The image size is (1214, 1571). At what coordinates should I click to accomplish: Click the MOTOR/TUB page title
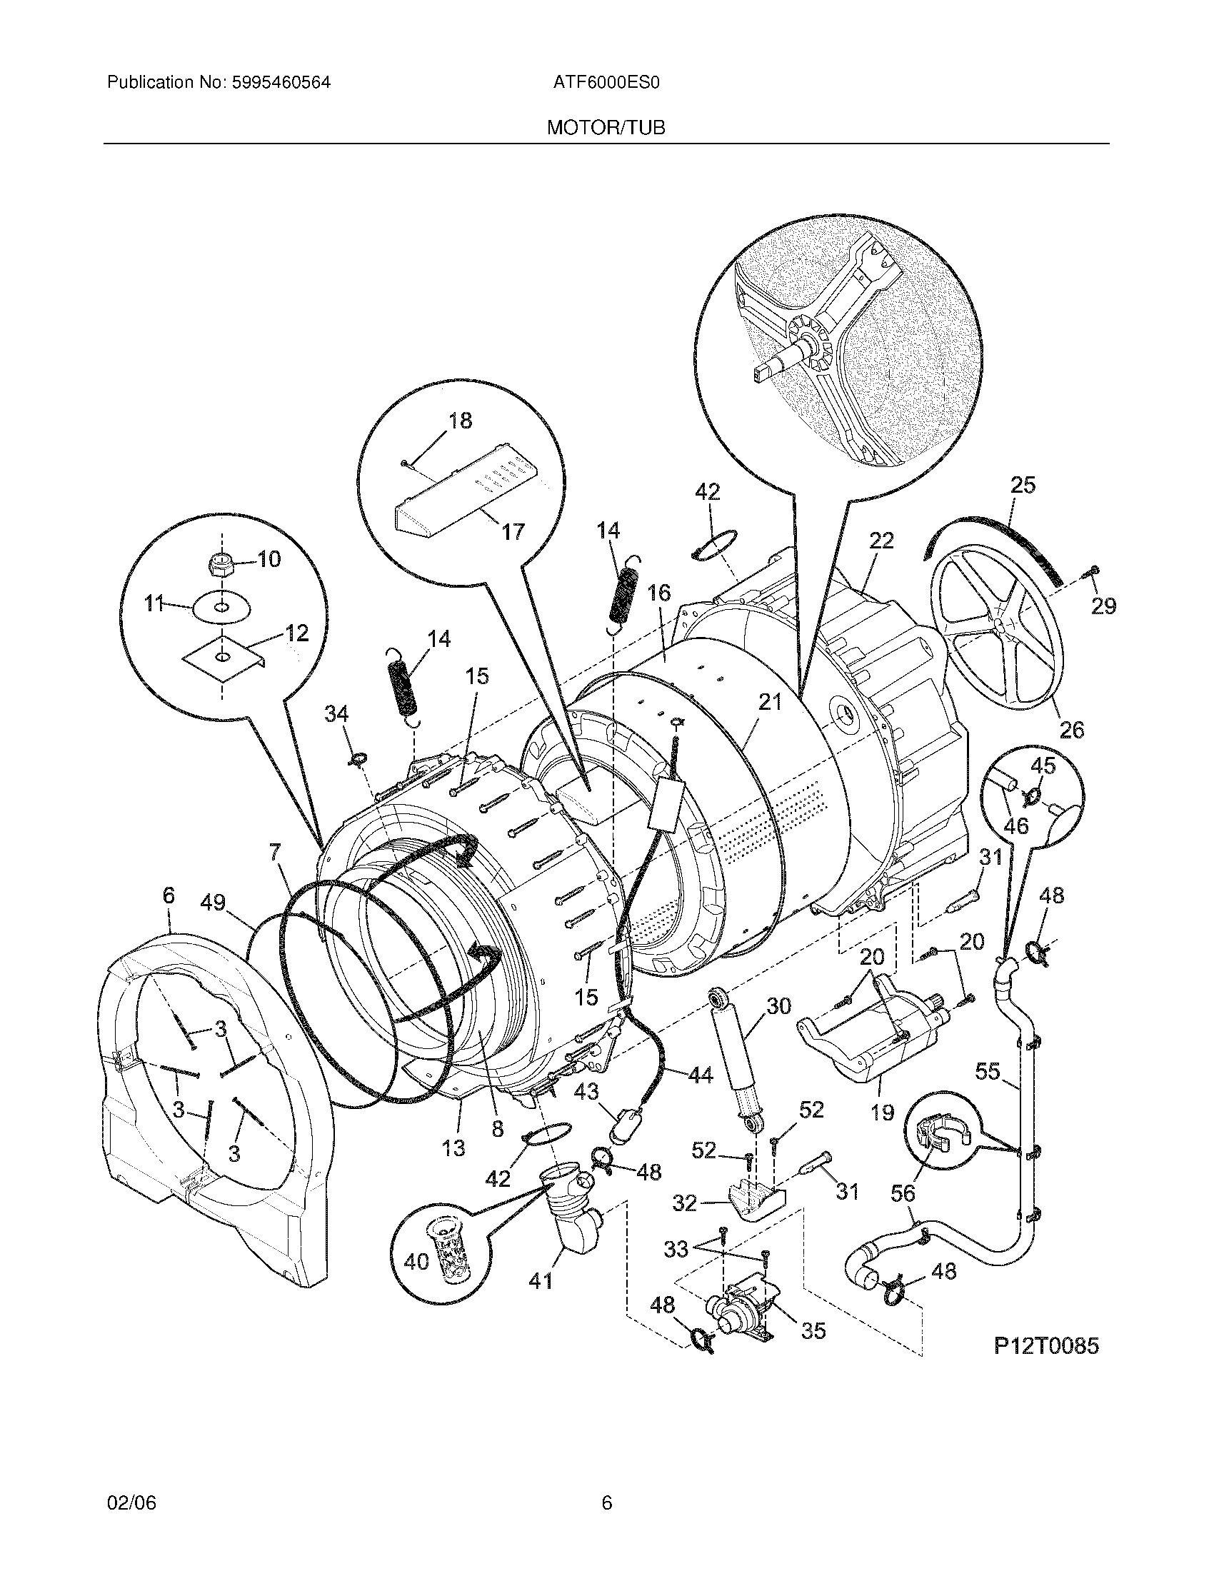pyautogui.click(x=606, y=128)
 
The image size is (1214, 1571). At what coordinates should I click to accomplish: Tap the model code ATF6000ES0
pyautogui.click(x=606, y=83)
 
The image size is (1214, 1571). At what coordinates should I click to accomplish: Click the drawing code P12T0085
pyautogui.click(x=1046, y=1346)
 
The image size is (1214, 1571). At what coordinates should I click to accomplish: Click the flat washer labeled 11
pyautogui.click(x=221, y=609)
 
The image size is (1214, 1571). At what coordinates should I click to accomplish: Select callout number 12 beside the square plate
pyautogui.click(x=296, y=633)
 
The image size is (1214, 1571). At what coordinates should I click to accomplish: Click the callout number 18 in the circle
pyautogui.click(x=461, y=421)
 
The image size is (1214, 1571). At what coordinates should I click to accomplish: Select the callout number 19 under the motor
pyautogui.click(x=882, y=1112)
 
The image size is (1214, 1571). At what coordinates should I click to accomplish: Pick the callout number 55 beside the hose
pyautogui.click(x=988, y=1071)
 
